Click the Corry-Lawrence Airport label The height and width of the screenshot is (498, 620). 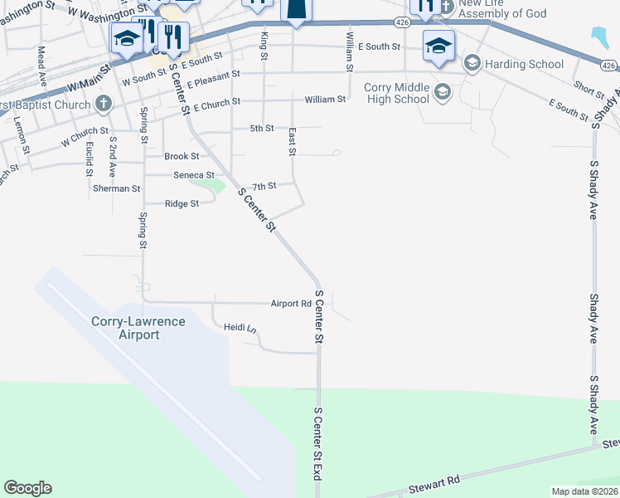138,328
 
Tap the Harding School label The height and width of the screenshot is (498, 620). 525,64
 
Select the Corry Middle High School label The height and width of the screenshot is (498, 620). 396,93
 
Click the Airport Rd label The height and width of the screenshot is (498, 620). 290,304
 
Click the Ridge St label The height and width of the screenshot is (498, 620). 182,203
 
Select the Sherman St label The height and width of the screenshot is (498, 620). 116,188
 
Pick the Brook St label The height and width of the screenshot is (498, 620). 182,156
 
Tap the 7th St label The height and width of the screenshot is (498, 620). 263,186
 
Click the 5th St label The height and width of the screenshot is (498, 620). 262,129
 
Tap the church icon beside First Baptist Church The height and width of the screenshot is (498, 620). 103,104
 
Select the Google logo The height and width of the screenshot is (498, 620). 27,488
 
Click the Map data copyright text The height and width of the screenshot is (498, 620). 584,491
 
